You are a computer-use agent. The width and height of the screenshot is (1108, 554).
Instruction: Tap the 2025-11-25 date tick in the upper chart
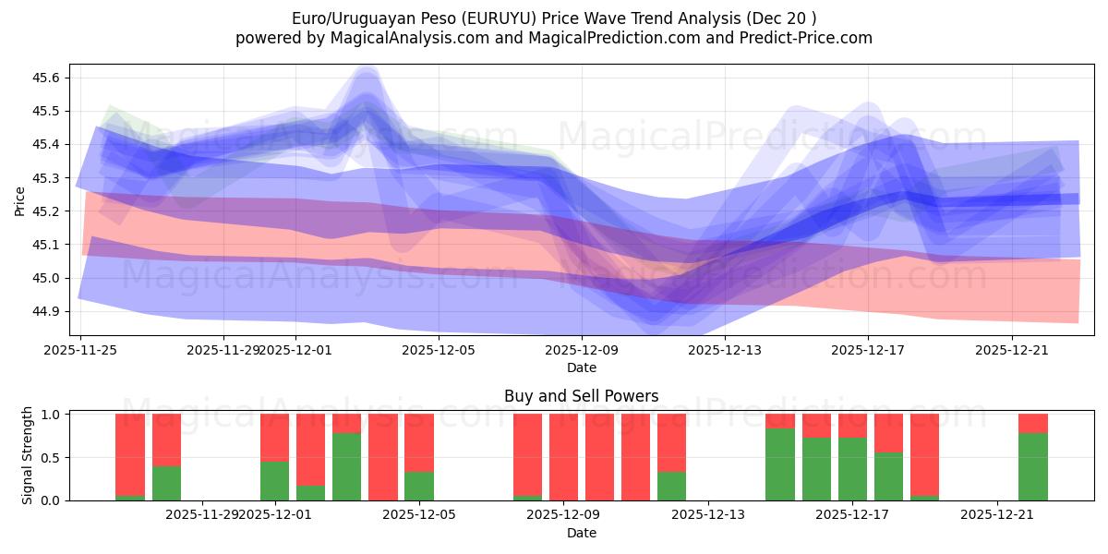pos(79,350)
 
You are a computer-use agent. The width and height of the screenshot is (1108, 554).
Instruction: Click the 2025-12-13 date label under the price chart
pos(724,350)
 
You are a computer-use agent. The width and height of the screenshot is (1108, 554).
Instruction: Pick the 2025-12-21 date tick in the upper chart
pos(1011,350)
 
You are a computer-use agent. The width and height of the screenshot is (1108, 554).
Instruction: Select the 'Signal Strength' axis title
pos(28,454)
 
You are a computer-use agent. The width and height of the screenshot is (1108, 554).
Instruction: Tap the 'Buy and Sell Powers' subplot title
pos(581,396)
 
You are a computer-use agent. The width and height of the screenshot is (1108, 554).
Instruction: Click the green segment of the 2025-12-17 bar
pos(852,469)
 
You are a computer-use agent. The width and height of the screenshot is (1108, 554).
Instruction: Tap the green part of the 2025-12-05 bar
pos(419,486)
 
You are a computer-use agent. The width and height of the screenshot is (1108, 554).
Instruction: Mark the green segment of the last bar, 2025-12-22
pos(1032,466)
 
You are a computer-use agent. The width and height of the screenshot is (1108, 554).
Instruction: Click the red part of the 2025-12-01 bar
pos(274,437)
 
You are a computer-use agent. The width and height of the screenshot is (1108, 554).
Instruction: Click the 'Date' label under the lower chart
pos(581,533)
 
